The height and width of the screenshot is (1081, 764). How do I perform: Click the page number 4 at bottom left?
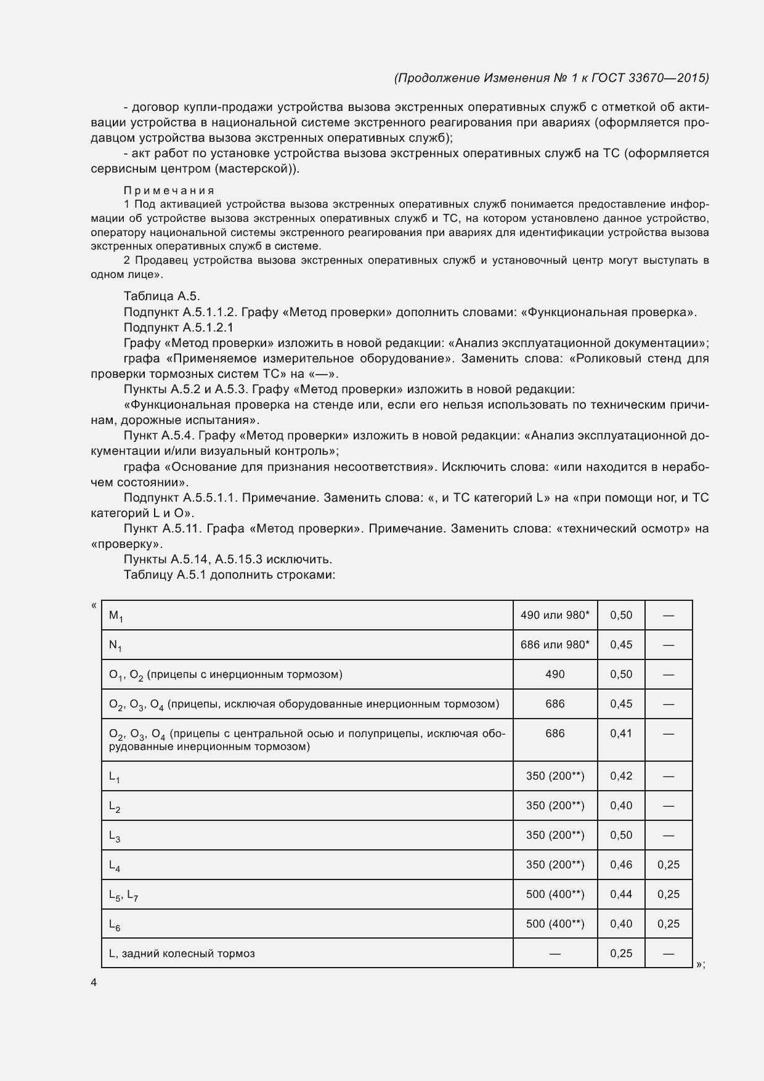[x=94, y=983]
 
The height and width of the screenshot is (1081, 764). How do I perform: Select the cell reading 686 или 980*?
[x=555, y=645]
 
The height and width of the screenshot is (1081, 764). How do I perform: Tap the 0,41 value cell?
[x=621, y=733]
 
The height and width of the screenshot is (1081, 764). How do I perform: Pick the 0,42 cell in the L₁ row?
[x=621, y=776]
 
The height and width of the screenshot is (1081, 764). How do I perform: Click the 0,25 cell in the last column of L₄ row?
[x=668, y=865]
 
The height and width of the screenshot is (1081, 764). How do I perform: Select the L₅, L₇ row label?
[x=123, y=895]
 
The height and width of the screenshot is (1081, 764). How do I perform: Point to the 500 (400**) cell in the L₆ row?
[x=555, y=924]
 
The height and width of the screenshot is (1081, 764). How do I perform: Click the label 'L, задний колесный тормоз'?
[x=182, y=953]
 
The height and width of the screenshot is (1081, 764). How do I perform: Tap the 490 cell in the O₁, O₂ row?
[x=555, y=674]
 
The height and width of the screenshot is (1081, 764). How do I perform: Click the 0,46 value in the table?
[x=621, y=865]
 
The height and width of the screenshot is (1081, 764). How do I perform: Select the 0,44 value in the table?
[x=621, y=894]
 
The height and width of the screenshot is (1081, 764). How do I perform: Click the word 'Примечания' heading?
[x=169, y=190]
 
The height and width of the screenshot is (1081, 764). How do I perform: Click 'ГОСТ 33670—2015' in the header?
[x=649, y=78]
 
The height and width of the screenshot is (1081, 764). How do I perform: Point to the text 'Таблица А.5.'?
[x=161, y=296]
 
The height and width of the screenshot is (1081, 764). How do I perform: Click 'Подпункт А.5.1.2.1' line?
[x=178, y=327]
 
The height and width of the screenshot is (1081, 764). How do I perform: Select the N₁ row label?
[x=115, y=645]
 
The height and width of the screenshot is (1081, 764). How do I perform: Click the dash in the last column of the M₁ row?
[x=668, y=615]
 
